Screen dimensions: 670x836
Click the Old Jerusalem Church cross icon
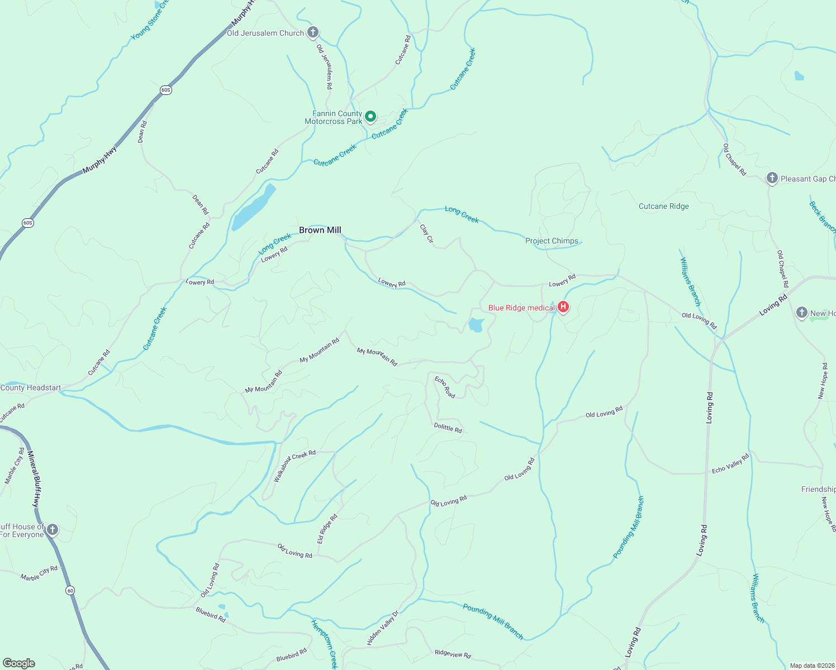[313, 32]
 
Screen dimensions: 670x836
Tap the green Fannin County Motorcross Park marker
[370, 117]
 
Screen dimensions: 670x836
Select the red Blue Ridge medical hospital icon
[563, 307]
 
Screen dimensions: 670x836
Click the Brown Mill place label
[320, 230]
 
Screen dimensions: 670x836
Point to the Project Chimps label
[552, 241]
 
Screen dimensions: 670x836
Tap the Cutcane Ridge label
[663, 206]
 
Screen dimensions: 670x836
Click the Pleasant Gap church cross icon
[772, 178]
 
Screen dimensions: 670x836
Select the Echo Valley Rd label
[730, 464]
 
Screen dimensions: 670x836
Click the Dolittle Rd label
[448, 428]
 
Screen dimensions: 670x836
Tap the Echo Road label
[445, 387]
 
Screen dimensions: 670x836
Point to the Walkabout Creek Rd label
[294, 466]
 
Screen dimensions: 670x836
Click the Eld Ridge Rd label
[327, 528]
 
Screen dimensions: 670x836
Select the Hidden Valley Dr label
[383, 628]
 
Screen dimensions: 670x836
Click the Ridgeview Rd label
[453, 654]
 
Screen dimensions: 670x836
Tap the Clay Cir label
[426, 233]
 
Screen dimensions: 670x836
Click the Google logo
[19, 663]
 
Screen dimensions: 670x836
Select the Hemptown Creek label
[325, 644]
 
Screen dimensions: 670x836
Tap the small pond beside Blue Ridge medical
[476, 325]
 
